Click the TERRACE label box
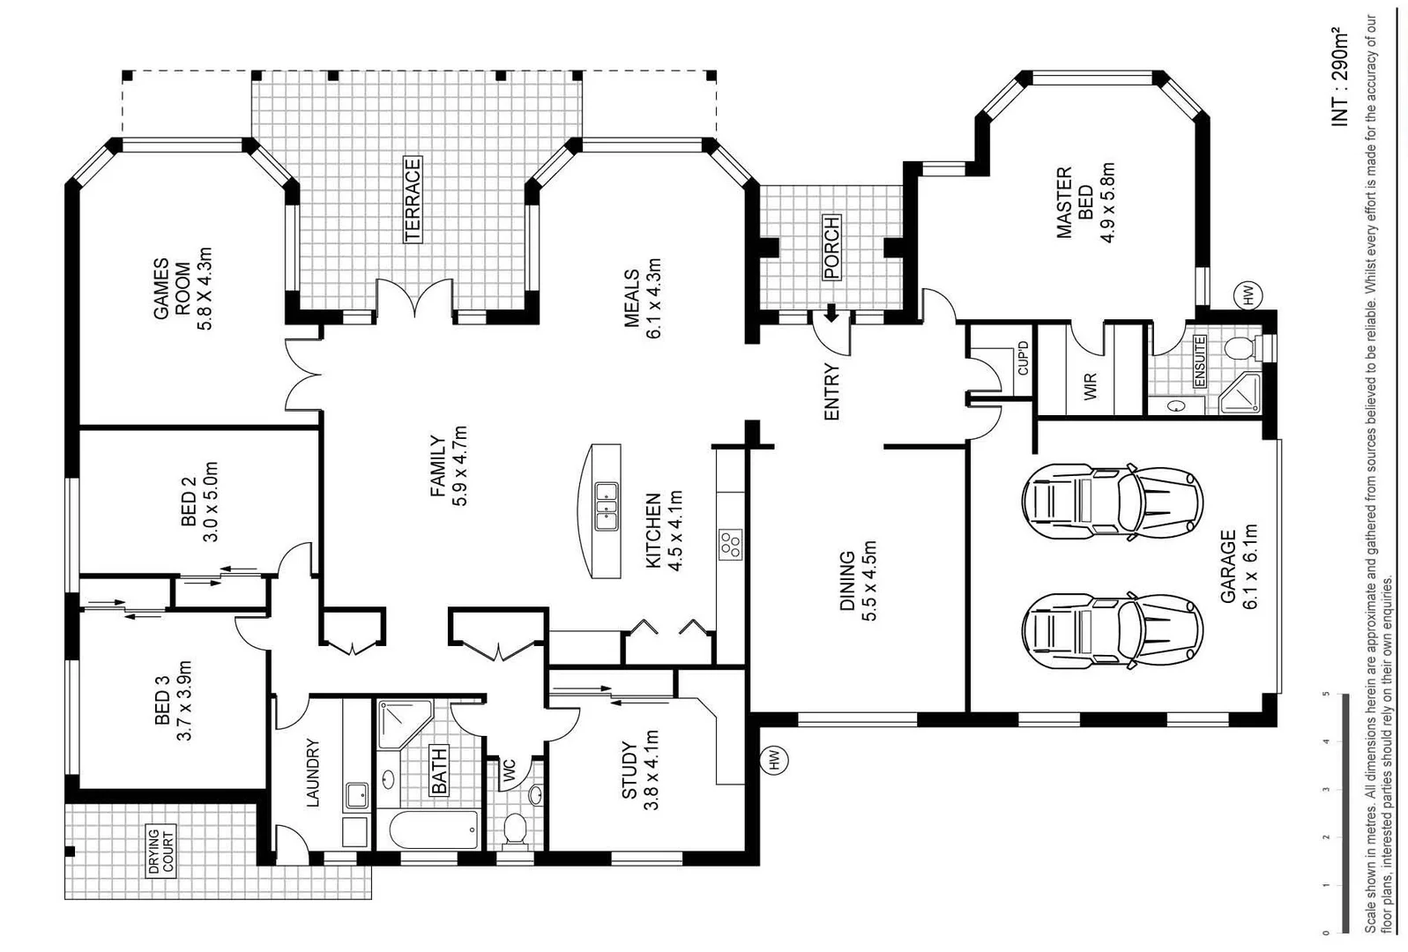[x=413, y=199]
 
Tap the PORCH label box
[x=831, y=247]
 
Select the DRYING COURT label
[x=160, y=851]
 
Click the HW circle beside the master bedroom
[x=1248, y=294]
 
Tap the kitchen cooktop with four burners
[x=729, y=544]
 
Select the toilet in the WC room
[x=514, y=829]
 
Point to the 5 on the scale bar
[x=1326, y=695]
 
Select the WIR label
[x=1091, y=386]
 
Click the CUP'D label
[x=1023, y=358]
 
